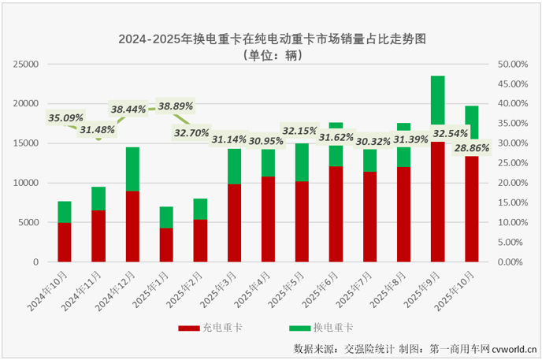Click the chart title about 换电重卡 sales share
point(271,38)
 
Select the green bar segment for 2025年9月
point(438,100)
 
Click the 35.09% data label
point(65,118)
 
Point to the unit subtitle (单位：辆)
point(271,56)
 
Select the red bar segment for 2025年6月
point(336,213)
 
